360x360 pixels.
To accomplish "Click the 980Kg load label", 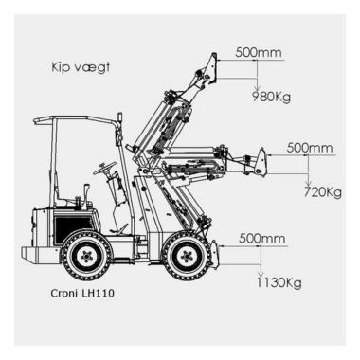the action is click(271, 97).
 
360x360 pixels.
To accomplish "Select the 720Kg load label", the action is click(323, 191).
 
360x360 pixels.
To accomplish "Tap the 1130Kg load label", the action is click(279, 282).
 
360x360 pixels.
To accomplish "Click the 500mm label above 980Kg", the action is click(259, 52).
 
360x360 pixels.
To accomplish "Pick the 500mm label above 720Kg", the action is click(310, 148).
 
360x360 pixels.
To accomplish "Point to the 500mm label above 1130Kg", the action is click(262, 238).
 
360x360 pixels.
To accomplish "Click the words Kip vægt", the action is click(81, 68).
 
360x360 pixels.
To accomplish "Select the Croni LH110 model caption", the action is click(82, 294).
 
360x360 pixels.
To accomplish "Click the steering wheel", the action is click(105, 168).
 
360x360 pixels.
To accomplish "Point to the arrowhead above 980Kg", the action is click(258, 86).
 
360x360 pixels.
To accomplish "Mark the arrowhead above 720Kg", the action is click(309, 182).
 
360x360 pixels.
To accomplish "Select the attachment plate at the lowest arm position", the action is click(214, 255).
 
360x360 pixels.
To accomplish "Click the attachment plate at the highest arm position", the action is click(212, 68).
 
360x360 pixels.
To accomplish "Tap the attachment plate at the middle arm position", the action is click(261, 161).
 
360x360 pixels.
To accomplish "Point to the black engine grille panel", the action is click(74, 228).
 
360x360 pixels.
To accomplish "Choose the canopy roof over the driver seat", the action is click(75, 120).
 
